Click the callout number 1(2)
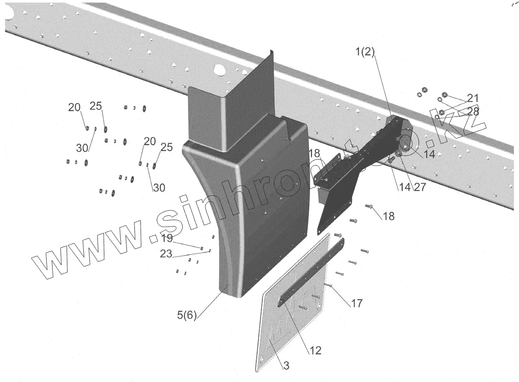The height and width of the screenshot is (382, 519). point(365,53)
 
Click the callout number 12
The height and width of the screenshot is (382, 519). point(314,350)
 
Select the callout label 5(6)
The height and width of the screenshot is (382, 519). point(186,315)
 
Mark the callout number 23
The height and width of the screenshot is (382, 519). point(166,254)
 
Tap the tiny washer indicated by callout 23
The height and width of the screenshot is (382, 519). point(209,250)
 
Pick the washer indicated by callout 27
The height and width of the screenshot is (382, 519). point(399,154)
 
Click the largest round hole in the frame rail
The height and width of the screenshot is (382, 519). point(219,68)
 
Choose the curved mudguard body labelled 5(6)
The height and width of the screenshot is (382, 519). point(245,206)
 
